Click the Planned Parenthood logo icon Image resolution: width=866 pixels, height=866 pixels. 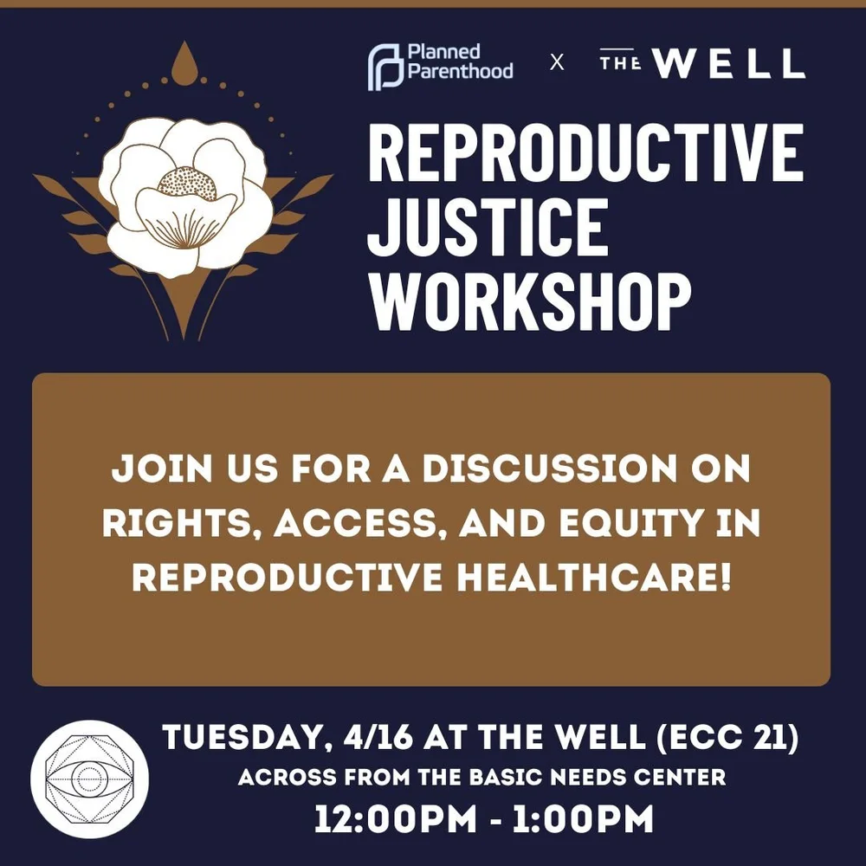[385, 67]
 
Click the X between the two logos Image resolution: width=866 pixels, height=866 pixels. [557, 63]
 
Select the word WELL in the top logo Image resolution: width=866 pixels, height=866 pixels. [729, 63]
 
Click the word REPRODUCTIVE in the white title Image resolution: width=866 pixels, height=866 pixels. [585, 152]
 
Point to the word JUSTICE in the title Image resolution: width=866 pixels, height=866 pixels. [487, 227]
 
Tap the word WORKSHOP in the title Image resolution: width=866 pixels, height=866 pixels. [530, 301]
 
